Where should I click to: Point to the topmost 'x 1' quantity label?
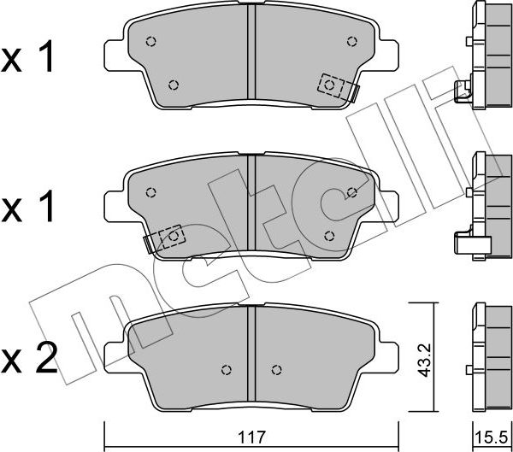point(30,58)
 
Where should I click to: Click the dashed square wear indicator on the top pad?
point(331,85)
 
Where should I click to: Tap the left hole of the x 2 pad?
point(226,370)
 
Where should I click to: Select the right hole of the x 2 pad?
point(275,370)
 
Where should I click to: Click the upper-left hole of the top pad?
point(150,41)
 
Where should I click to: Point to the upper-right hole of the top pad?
point(351,40)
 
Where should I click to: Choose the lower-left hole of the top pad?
point(174,84)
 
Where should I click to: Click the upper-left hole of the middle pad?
point(150,191)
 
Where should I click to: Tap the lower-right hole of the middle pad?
point(329,235)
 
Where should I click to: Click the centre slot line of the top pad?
point(251,56)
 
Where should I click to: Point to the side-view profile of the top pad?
point(485,56)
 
